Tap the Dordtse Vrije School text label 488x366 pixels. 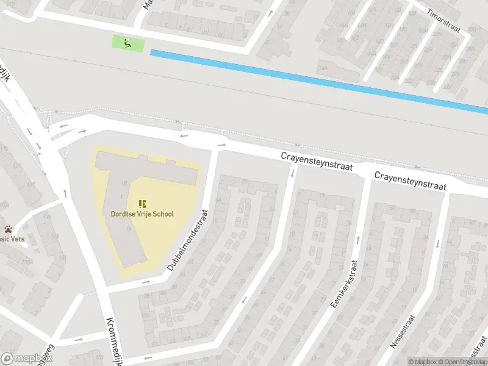pos(142,214)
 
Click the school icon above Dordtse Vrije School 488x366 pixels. pos(142,204)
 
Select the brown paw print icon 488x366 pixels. pos(8,229)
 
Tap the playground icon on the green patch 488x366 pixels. pos(127,43)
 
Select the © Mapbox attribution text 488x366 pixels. pos(423,362)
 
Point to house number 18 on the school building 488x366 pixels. pos(124,182)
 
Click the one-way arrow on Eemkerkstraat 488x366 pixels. pos(357,239)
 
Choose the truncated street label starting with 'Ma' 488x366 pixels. pos(147,5)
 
